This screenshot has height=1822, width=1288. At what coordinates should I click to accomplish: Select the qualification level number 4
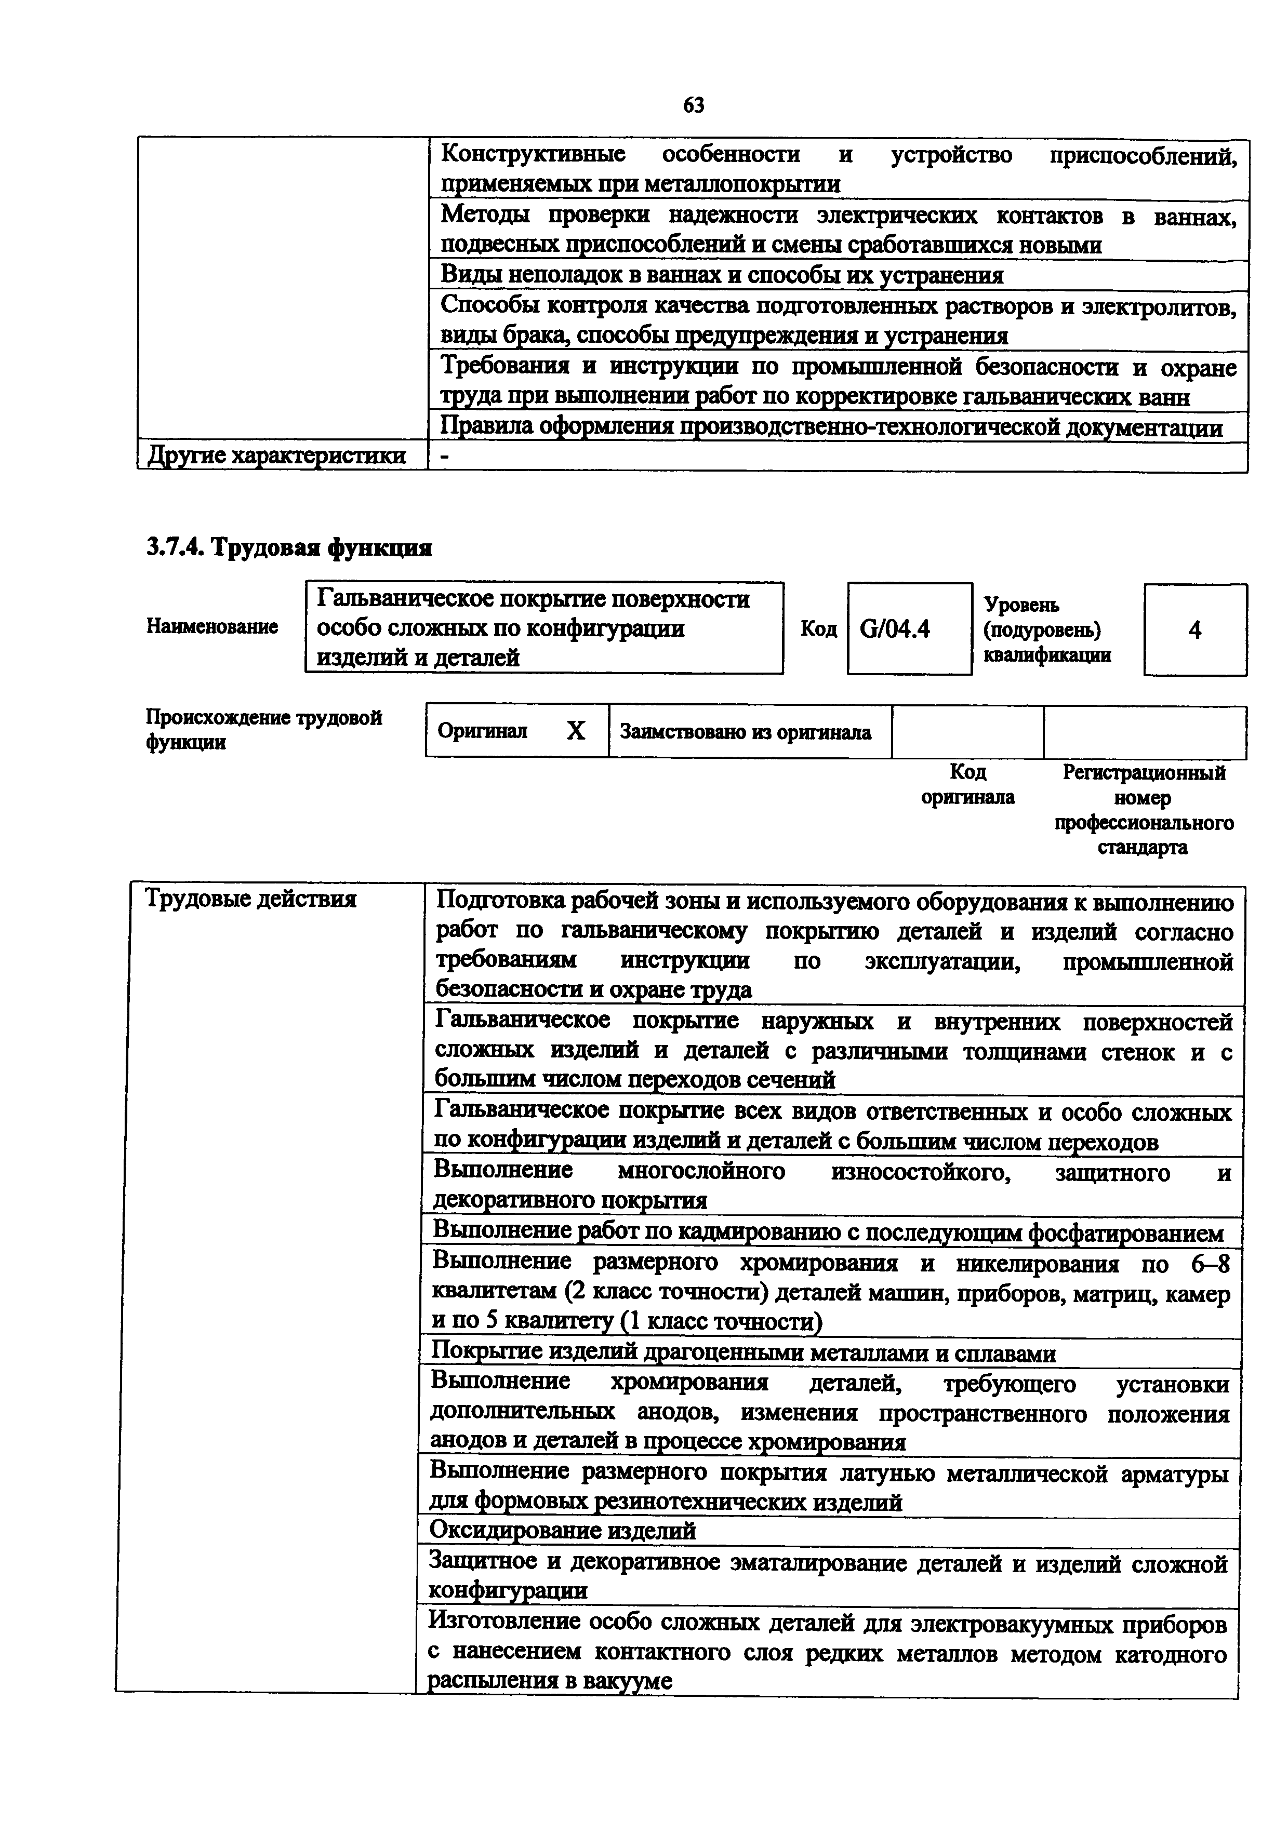coord(1194,630)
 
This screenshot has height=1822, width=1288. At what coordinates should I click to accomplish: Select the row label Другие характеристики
coord(277,455)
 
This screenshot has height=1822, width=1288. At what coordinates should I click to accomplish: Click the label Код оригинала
coord(967,784)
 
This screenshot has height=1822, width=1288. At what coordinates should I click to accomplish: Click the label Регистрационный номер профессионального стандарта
coord(1144,809)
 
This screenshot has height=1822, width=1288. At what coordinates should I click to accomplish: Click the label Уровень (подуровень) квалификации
coord(1047,630)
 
